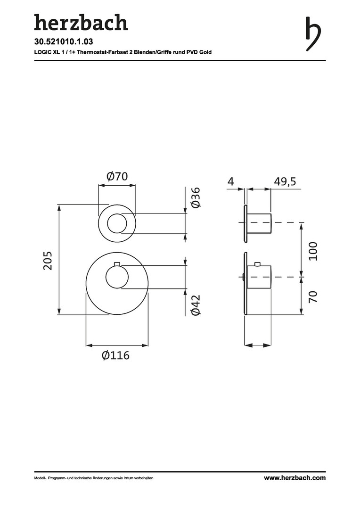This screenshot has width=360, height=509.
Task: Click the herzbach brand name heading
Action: click(81, 23)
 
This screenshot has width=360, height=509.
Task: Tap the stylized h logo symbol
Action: click(313, 34)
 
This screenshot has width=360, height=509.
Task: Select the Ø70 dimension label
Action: click(117, 176)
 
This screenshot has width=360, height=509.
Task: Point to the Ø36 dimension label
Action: click(196, 197)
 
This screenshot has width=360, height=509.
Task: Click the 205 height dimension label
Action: click(48, 260)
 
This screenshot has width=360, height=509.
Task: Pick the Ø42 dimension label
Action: click(196, 305)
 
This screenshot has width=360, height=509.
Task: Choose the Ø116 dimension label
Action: click(115, 355)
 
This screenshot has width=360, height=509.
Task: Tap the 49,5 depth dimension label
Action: click(285, 181)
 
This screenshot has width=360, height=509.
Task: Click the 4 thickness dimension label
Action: click(230, 181)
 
